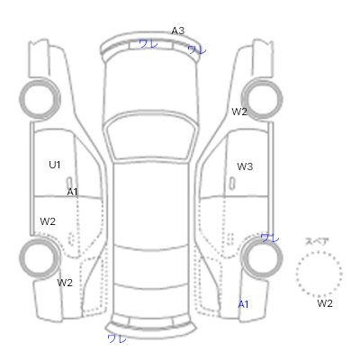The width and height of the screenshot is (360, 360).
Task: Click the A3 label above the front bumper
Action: coord(178,31)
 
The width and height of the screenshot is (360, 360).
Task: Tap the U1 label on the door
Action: coord(55,165)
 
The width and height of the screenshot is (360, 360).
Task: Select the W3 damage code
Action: coord(245,166)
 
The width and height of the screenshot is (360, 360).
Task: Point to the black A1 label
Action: coord(72,192)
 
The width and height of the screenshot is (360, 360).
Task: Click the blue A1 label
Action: coord(243,304)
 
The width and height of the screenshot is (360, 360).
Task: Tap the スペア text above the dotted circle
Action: coord(317,241)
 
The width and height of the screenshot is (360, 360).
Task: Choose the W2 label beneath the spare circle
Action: coord(325,303)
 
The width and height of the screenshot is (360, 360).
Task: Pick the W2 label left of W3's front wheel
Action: coord(239,112)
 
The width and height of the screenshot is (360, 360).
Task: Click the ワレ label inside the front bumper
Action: coord(148,44)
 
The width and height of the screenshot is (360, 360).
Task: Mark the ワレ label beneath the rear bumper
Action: coord(117,339)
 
